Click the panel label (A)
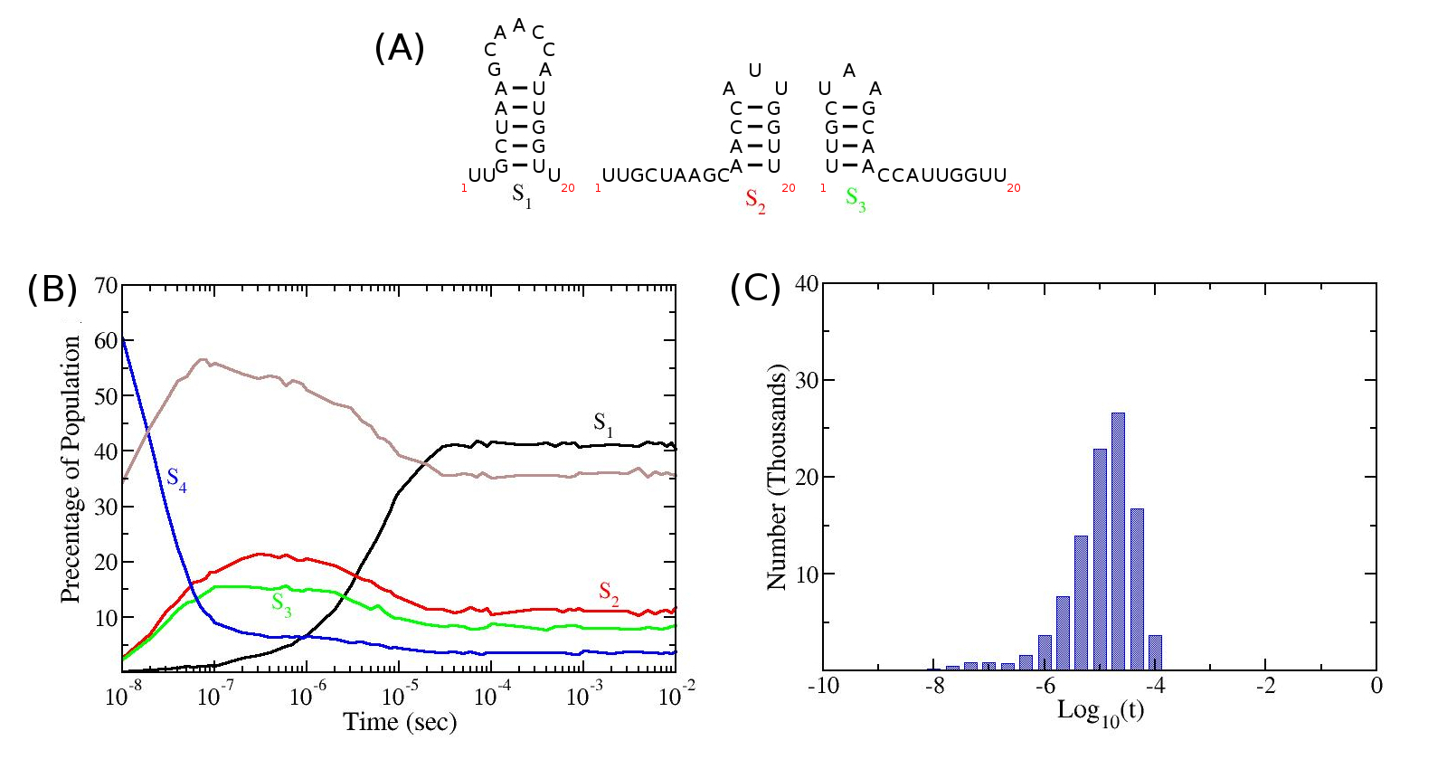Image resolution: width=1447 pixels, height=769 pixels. (399, 48)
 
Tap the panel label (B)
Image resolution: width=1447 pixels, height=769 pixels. (52, 289)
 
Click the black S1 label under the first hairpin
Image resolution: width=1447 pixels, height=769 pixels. (522, 195)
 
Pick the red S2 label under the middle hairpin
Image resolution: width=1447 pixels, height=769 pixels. (755, 201)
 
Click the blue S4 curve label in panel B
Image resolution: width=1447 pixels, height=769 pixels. (176, 479)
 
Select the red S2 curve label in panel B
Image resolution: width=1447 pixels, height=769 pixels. (609, 593)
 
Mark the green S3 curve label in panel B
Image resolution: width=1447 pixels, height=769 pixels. (281, 604)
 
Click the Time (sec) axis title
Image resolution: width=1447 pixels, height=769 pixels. (400, 722)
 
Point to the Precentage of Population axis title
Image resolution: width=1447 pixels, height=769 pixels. (71, 469)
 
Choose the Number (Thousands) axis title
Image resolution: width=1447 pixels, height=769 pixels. (777, 477)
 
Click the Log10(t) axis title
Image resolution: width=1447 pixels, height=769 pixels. (1100, 711)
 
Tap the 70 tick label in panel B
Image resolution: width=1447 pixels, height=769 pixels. (106, 286)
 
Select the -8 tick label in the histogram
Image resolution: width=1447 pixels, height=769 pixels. (934, 686)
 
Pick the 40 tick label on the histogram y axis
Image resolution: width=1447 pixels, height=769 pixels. (807, 284)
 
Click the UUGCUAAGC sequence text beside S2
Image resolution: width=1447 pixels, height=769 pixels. (665, 176)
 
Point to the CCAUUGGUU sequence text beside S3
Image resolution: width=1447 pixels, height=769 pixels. (941, 176)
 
